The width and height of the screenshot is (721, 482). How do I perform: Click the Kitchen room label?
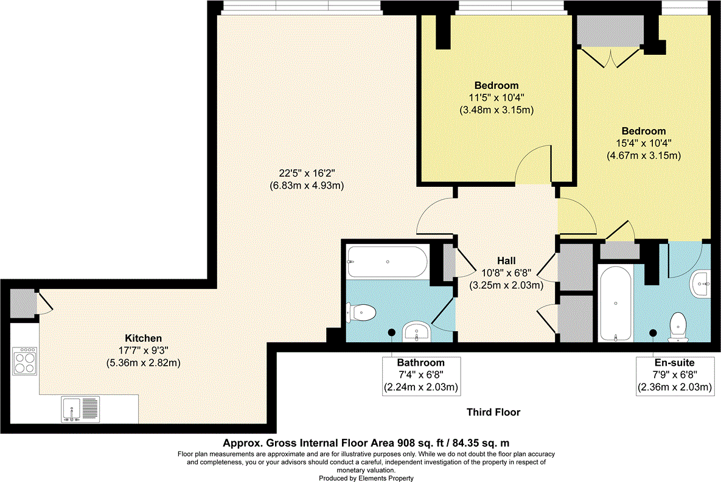pyautogui.click(x=143, y=338)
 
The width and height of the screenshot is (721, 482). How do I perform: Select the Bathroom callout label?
pyautogui.click(x=421, y=362)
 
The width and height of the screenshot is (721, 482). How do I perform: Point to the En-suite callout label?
pyautogui.click(x=674, y=362)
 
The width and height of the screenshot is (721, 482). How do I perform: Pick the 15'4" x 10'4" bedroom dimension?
pyautogui.click(x=643, y=144)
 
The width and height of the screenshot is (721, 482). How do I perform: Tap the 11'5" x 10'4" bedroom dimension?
pyautogui.click(x=496, y=98)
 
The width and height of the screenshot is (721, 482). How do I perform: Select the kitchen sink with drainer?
pyautogui.click(x=80, y=410)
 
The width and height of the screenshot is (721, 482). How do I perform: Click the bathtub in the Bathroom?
pyautogui.click(x=387, y=262)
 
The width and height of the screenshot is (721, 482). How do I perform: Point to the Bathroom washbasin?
pyautogui.click(x=417, y=332)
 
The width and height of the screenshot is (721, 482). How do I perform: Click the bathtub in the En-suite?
pyautogui.click(x=615, y=302)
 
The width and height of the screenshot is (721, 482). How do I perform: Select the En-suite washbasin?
pyautogui.click(x=702, y=284)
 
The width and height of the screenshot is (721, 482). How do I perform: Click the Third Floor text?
pyautogui.click(x=493, y=413)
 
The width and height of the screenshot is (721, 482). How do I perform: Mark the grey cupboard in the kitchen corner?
pyautogui.click(x=23, y=302)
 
